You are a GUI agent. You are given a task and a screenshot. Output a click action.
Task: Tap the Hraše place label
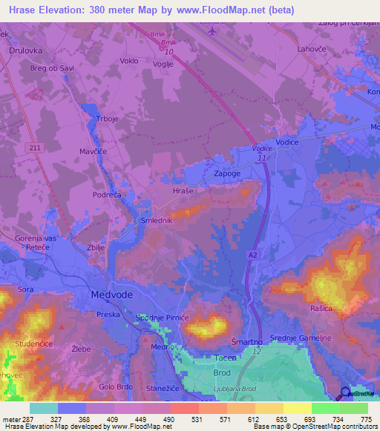click(x=183, y=190)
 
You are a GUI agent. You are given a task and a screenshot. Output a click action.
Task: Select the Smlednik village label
click(x=157, y=221)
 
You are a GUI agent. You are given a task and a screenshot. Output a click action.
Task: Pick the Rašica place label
click(x=326, y=307)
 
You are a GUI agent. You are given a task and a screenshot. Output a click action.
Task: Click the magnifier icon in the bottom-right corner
click(x=345, y=394)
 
